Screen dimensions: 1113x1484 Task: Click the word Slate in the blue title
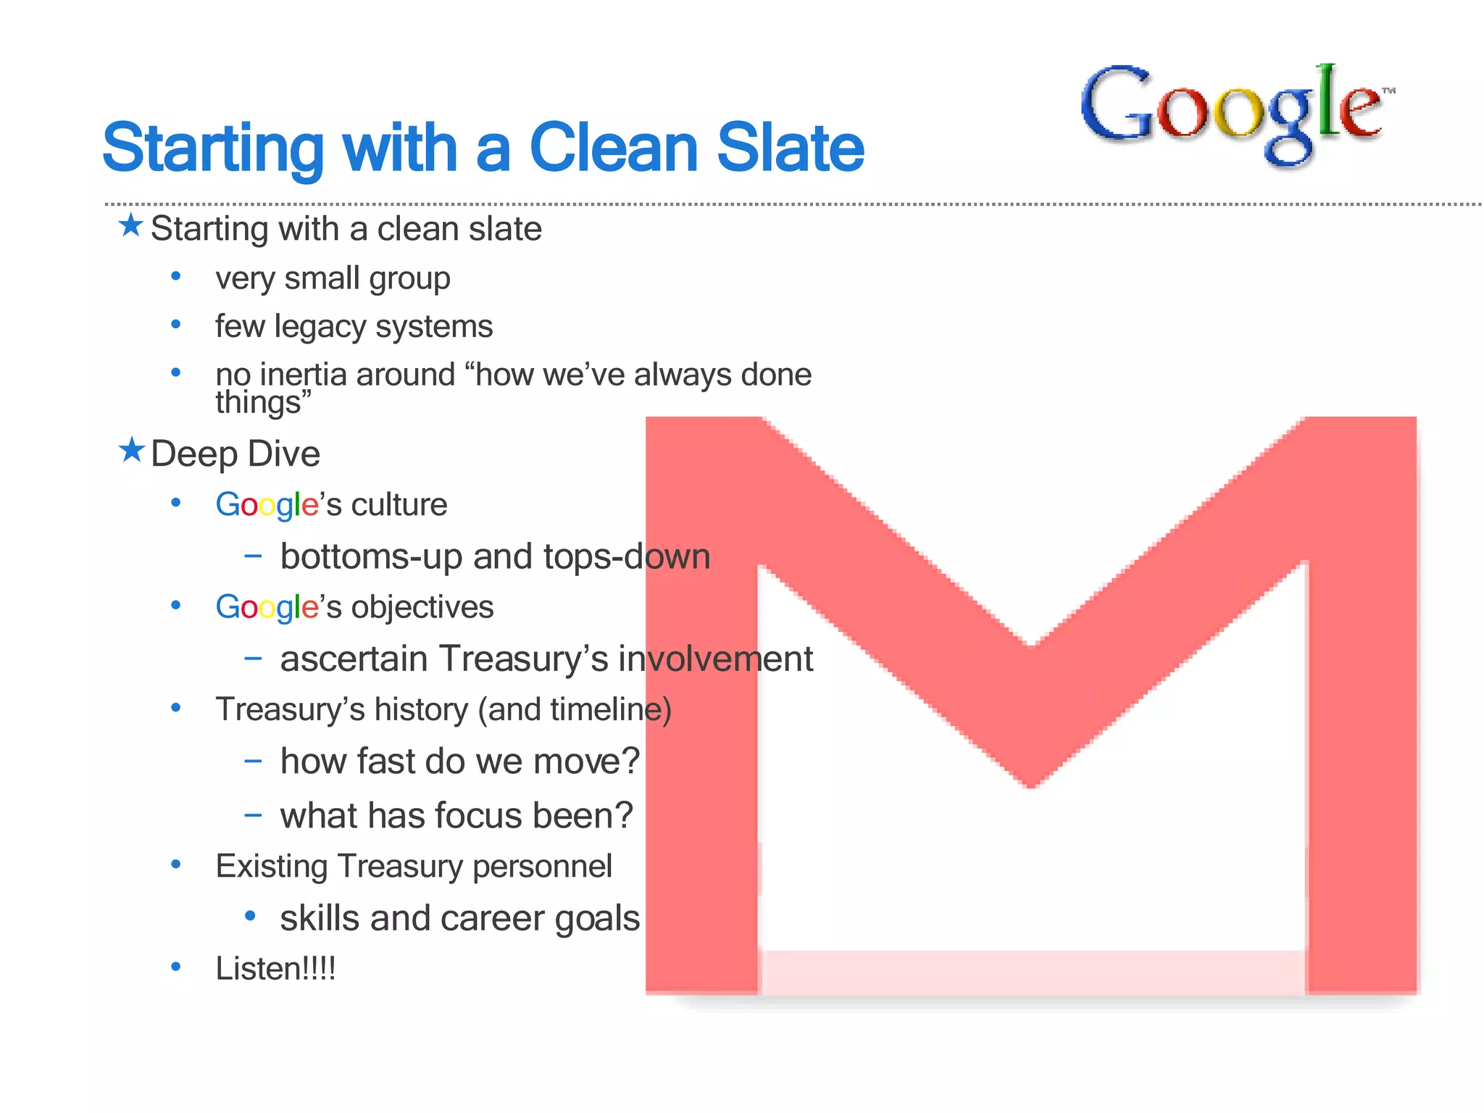click(790, 148)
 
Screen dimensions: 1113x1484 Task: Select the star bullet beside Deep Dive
click(131, 450)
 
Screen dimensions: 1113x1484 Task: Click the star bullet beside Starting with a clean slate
click(131, 225)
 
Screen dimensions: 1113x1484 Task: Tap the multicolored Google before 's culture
click(267, 505)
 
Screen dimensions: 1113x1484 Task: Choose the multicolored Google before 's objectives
click(267, 607)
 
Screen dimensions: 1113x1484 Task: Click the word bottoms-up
click(371, 557)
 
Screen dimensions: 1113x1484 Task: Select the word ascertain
click(354, 659)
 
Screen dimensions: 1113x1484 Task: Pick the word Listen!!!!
click(275, 969)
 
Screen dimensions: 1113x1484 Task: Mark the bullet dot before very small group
click(175, 276)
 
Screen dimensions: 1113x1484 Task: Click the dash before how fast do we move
click(253, 761)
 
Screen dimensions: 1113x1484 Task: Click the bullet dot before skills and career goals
click(250, 916)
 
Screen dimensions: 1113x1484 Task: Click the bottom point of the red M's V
click(1030, 784)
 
